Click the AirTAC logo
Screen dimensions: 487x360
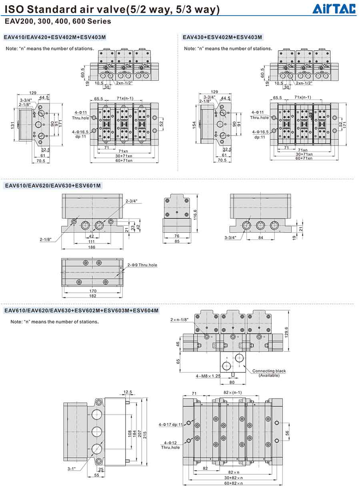tap(334, 8)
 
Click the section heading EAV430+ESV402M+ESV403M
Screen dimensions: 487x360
tap(222, 38)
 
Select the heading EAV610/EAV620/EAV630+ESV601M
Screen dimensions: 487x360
tap(52, 186)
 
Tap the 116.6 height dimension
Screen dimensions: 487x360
tap(195, 214)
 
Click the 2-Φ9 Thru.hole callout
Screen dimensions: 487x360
tap(142, 265)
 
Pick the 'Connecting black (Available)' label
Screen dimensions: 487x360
tap(269, 373)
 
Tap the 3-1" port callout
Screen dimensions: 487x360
tap(72, 469)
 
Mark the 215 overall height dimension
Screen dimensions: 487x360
tap(145, 434)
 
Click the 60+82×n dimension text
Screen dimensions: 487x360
tap(233, 483)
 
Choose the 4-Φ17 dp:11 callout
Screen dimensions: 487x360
tap(170, 425)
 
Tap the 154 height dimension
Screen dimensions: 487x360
tap(194, 125)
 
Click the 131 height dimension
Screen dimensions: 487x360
tap(12, 125)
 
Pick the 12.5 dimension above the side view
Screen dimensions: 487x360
tap(128, 392)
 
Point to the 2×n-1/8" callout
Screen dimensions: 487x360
tap(179, 320)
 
